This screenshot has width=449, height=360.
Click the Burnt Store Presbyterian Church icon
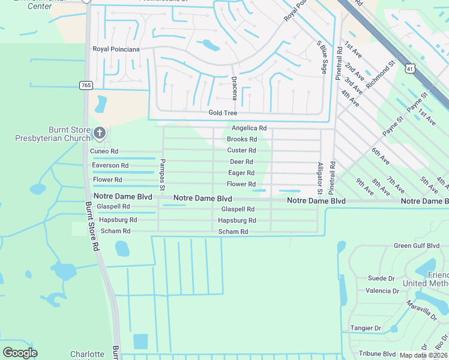click(x=100, y=132)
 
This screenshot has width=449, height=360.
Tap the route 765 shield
click(x=86, y=86)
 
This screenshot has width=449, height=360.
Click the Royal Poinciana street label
click(x=116, y=49)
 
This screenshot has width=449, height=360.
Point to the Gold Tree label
click(x=223, y=113)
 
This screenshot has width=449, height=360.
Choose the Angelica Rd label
click(x=249, y=128)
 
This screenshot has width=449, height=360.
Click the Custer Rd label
click(x=242, y=151)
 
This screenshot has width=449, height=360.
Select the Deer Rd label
click(x=241, y=162)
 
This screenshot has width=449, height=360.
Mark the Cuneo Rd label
click(x=104, y=151)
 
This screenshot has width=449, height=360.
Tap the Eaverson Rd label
click(x=110, y=165)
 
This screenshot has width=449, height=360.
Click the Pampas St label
click(x=162, y=175)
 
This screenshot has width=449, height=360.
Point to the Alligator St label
click(x=320, y=179)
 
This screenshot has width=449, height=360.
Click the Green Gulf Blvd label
click(x=417, y=245)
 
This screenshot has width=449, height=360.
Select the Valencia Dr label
click(x=382, y=291)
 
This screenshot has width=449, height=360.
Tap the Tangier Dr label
click(x=366, y=328)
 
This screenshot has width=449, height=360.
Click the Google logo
click(x=20, y=353)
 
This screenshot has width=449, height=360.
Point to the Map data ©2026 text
click(x=424, y=355)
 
